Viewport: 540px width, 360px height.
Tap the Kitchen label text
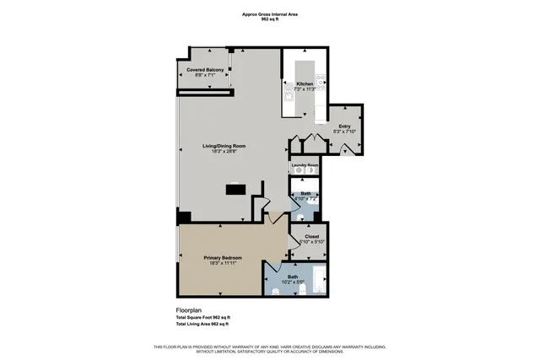click(305, 83)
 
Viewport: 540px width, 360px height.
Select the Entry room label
click(344, 126)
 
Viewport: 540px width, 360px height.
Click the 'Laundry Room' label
click(305, 164)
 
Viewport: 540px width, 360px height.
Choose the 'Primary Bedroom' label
click(223, 257)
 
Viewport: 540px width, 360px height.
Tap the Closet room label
click(310, 237)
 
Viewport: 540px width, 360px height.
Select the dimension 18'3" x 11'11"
click(223, 263)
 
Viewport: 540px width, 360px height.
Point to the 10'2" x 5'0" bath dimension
click(293, 282)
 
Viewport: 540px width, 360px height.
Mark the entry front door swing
click(348, 148)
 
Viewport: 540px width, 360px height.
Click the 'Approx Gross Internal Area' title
click(270, 14)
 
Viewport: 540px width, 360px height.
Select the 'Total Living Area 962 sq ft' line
click(202, 324)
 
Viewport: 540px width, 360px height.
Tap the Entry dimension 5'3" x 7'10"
click(344, 132)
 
